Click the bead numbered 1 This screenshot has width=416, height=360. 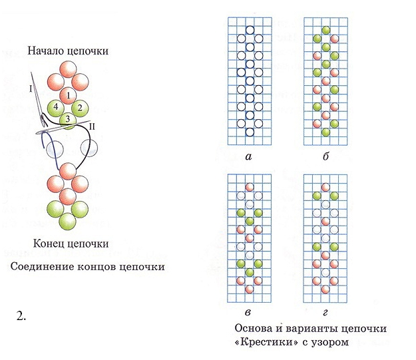pos(68,96)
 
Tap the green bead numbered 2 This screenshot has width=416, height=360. pos(80,108)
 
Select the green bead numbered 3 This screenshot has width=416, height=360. pos(68,120)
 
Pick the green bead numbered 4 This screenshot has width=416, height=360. pos(56,108)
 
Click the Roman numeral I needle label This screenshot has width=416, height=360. pos(31,89)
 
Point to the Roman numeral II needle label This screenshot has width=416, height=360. pos(92,126)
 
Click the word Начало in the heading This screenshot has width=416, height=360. pos(46,51)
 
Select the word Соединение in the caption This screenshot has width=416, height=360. pos(42,266)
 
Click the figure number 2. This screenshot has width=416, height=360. pos(21,315)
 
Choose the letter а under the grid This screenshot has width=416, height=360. pos(248,157)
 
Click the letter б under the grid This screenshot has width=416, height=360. pos(325,156)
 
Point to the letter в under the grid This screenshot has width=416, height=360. pos(248,313)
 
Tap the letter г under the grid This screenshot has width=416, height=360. pos(325,313)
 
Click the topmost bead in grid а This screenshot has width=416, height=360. pos(250,30)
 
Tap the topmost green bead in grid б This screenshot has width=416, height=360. pos(325,30)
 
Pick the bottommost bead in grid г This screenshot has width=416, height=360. pos(325,289)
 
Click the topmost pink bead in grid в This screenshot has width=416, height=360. pos(250,187)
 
